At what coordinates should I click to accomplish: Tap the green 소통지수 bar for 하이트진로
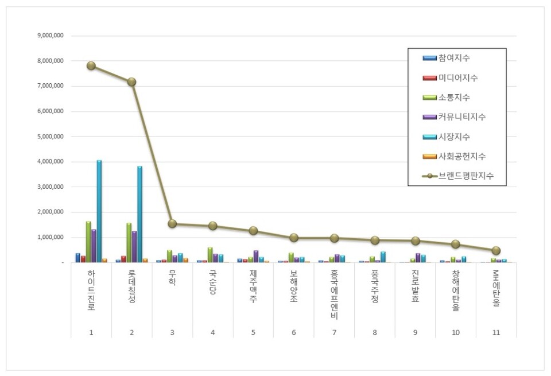click(x=88, y=242)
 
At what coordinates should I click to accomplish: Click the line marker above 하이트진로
click(x=91, y=65)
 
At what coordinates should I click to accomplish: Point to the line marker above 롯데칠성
click(x=131, y=82)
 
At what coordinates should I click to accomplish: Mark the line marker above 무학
click(x=172, y=223)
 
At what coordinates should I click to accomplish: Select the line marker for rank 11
click(x=496, y=251)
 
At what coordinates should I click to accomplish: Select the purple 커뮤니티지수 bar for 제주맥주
click(x=256, y=256)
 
